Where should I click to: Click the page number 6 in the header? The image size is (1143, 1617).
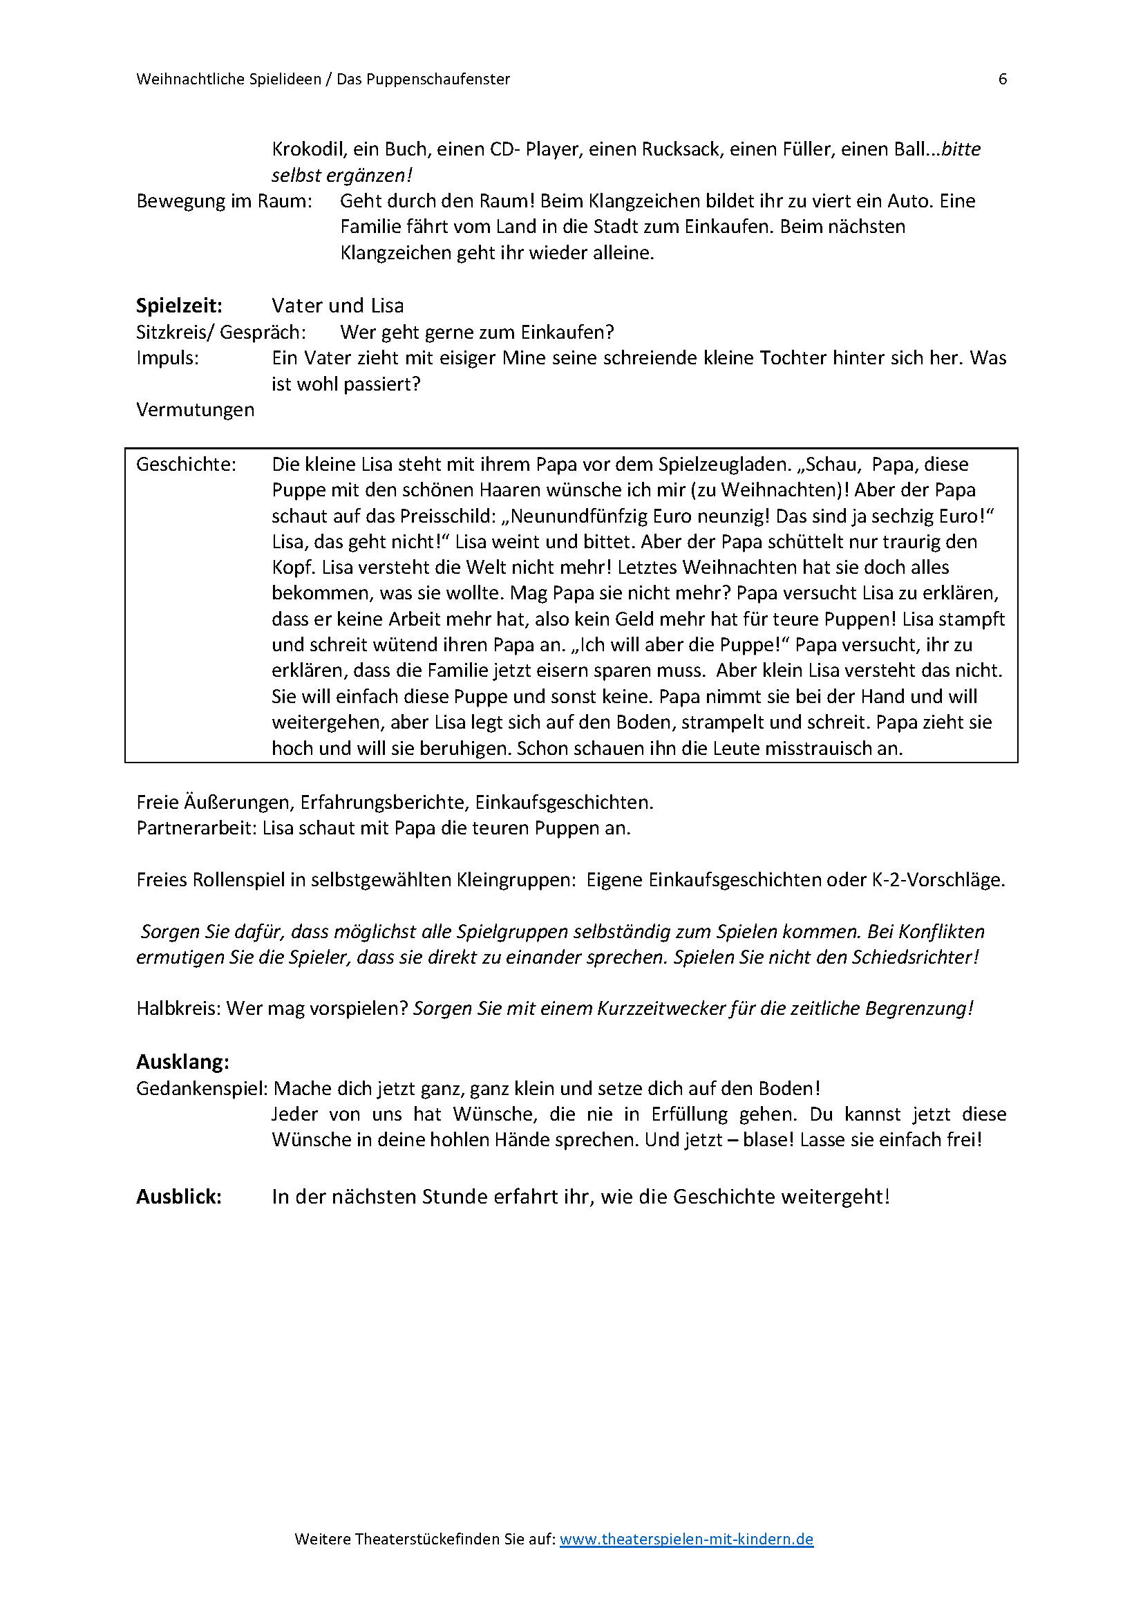click(1002, 79)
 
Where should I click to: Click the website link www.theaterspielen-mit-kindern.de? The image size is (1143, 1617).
click(686, 1539)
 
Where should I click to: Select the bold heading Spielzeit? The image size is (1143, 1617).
click(179, 306)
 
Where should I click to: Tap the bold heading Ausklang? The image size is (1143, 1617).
click(182, 1062)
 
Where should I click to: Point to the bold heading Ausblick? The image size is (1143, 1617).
click(179, 1197)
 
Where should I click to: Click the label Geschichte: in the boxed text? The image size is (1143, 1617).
click(186, 465)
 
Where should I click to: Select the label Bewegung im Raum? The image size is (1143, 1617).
click(224, 201)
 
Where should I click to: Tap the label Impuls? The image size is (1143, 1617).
click(167, 358)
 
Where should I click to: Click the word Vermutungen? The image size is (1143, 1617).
click(195, 410)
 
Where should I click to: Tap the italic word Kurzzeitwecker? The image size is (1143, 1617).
click(661, 1009)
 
